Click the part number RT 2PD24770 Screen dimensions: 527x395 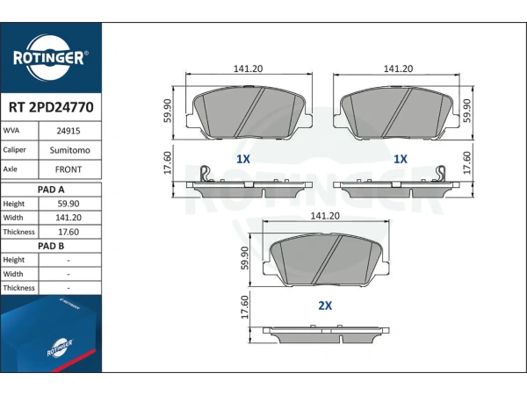(51, 107)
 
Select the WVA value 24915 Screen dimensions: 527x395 (69, 131)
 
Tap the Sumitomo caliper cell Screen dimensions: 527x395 (70, 150)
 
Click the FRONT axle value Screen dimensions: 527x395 (69, 169)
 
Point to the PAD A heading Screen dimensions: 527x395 (51, 190)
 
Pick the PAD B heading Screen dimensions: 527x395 (51, 246)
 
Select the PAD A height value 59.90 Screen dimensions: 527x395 (69, 204)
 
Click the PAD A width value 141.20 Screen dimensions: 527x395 (69, 218)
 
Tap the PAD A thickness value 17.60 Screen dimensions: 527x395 (69, 232)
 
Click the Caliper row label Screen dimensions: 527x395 (14, 150)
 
